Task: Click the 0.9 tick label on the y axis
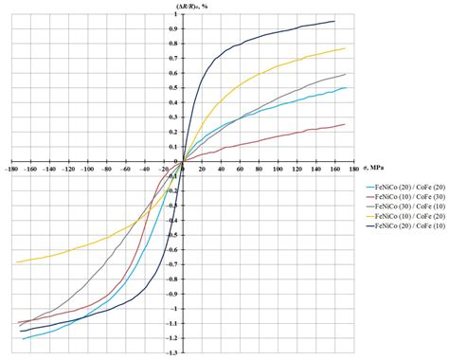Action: [174, 28]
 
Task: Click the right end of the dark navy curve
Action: [335, 21]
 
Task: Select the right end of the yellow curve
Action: [345, 48]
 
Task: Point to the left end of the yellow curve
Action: [17, 262]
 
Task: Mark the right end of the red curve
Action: [345, 124]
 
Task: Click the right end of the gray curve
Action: [345, 74]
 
